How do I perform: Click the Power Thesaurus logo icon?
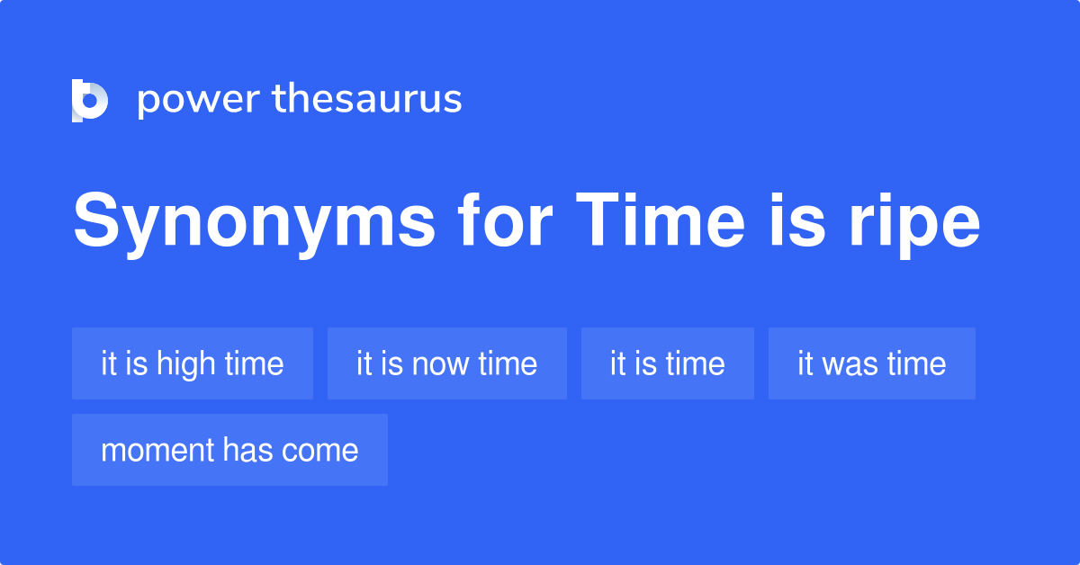(x=90, y=99)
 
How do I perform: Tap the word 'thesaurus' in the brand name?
(x=367, y=99)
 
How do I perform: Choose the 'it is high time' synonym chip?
(x=193, y=363)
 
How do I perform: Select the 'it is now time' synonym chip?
(x=447, y=363)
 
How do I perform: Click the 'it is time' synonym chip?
(x=668, y=363)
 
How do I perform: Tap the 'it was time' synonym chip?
(x=872, y=363)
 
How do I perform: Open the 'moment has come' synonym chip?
(x=229, y=450)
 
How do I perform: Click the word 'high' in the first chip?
(x=186, y=364)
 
